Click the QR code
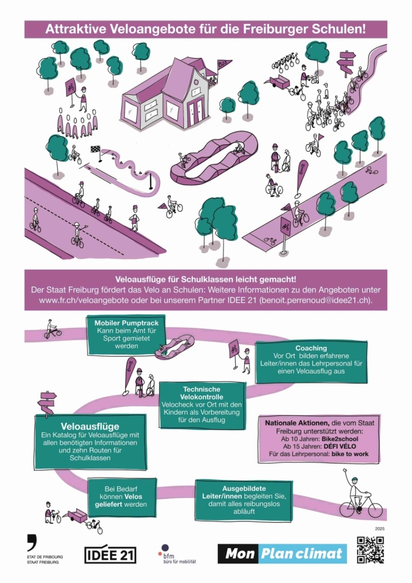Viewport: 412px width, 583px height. tap(370, 549)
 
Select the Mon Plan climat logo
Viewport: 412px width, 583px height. tap(282, 554)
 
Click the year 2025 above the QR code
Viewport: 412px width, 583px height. tap(380, 528)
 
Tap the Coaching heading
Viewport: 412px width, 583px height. tap(311, 348)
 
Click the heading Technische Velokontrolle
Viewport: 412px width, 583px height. tap(202, 393)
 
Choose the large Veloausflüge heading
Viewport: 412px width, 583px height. tap(90, 426)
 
